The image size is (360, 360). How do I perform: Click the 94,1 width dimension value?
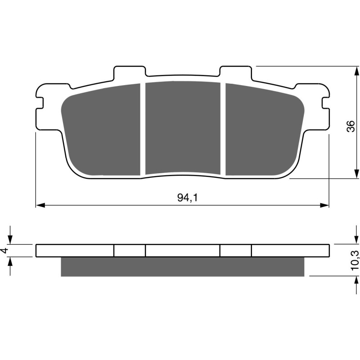pyautogui.click(x=182, y=197)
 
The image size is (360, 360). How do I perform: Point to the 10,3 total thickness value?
pyautogui.click(x=355, y=260)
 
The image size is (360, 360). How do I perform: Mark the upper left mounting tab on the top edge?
pyautogui.click(x=130, y=72)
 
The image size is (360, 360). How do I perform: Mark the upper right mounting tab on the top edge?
pyautogui.click(x=235, y=72)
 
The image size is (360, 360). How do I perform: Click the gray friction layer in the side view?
pyautogui.click(x=182, y=266)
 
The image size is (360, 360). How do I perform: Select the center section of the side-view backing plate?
pyautogui.click(x=182, y=251)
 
